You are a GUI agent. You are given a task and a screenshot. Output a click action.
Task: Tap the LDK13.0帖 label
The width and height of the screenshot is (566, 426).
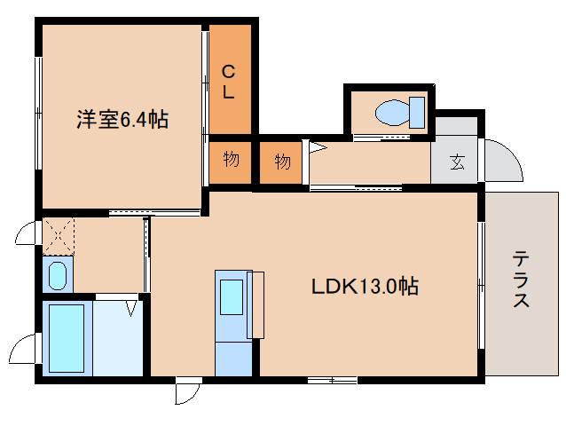[x=364, y=287]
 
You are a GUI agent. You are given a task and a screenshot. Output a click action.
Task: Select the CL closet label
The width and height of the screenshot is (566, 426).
[x=229, y=81]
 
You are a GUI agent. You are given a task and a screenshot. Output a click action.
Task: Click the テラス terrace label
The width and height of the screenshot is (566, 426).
[x=521, y=280]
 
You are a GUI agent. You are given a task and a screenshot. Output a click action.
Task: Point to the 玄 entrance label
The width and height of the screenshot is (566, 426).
[x=457, y=162]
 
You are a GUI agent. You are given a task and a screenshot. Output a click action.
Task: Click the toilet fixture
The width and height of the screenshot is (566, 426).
[x=400, y=113]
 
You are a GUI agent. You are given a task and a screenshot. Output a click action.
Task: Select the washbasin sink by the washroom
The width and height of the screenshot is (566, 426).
[x=58, y=275]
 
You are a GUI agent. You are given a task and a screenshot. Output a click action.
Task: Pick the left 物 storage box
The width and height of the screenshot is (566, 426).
[x=231, y=162]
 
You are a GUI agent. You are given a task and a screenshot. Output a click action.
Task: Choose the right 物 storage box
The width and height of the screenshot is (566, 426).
[x=282, y=162]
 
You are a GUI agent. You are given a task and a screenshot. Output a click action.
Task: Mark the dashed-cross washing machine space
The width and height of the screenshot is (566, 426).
[x=58, y=235]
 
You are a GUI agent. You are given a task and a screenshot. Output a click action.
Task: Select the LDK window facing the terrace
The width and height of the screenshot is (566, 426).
[x=481, y=284]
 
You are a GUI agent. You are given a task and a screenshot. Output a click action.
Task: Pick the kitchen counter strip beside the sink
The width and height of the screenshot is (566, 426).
[x=257, y=304]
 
